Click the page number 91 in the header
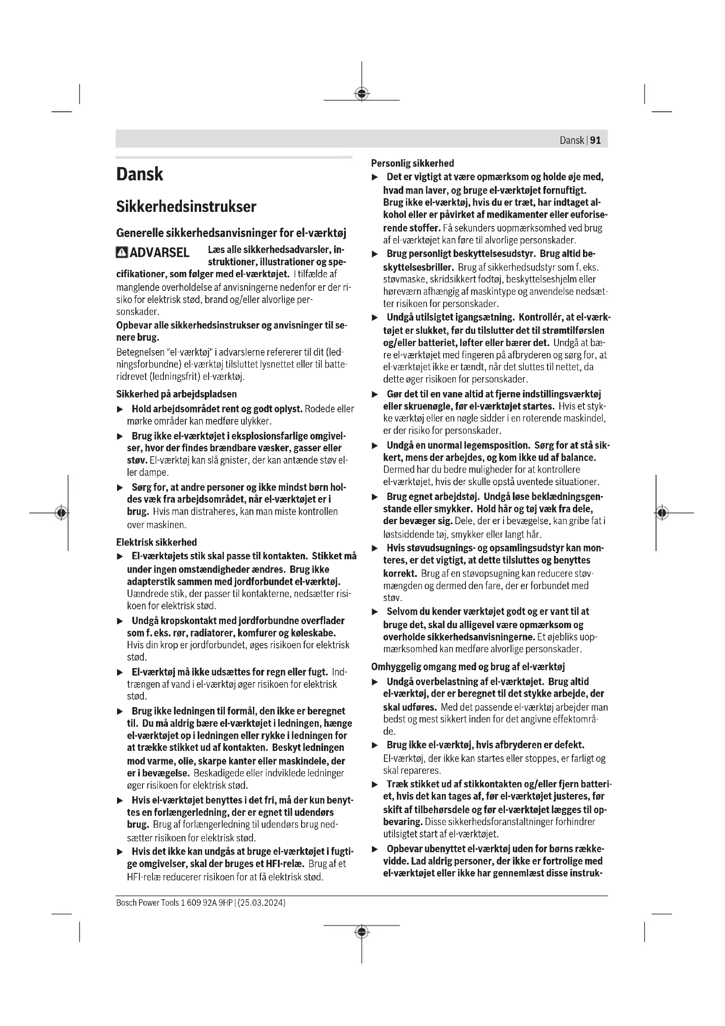596,140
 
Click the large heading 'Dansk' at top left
140,174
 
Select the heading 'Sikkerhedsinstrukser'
186,207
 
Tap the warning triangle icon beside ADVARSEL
121,253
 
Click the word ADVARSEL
160,253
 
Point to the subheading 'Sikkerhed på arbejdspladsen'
176,393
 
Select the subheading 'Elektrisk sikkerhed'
156,542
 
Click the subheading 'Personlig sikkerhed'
412,163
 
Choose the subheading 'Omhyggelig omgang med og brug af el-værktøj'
468,667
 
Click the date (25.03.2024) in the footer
262,902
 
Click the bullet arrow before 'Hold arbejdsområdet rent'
120,409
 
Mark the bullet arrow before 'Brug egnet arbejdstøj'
375,497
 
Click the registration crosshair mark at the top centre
362,93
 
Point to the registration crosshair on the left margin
62,512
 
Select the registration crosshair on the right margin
662,512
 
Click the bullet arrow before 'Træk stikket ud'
375,784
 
